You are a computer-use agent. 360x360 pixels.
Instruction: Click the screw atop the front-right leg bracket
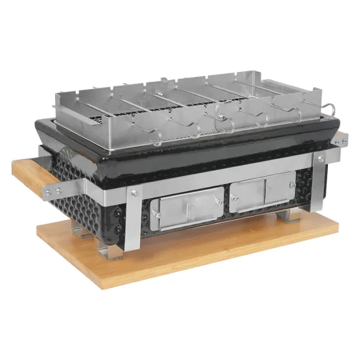321,158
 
